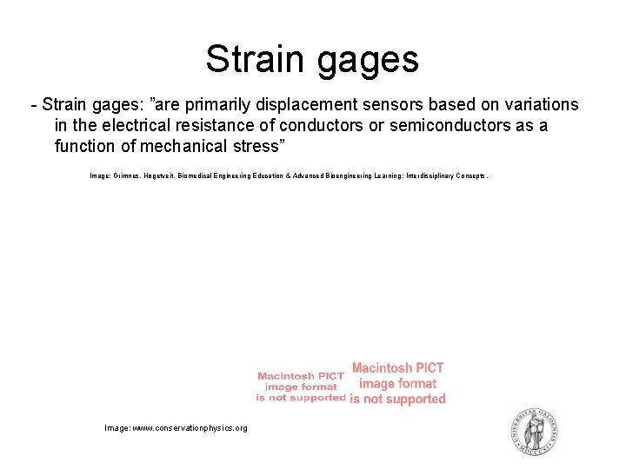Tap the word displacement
click(x=304, y=105)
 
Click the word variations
click(x=540, y=105)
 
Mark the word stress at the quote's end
click(x=252, y=146)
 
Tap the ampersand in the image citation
click(x=288, y=175)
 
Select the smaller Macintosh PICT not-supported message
click(x=301, y=386)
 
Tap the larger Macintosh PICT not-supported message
click(x=397, y=383)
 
